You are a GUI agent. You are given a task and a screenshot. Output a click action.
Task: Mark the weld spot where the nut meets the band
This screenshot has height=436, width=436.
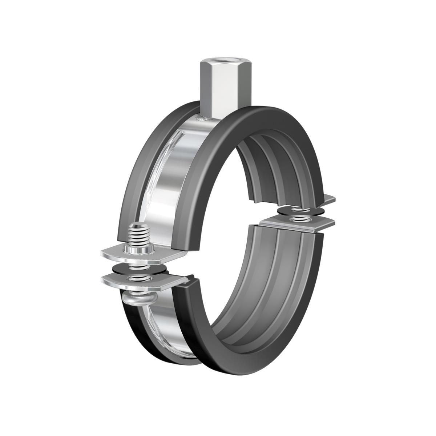pyautogui.click(x=202, y=118)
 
